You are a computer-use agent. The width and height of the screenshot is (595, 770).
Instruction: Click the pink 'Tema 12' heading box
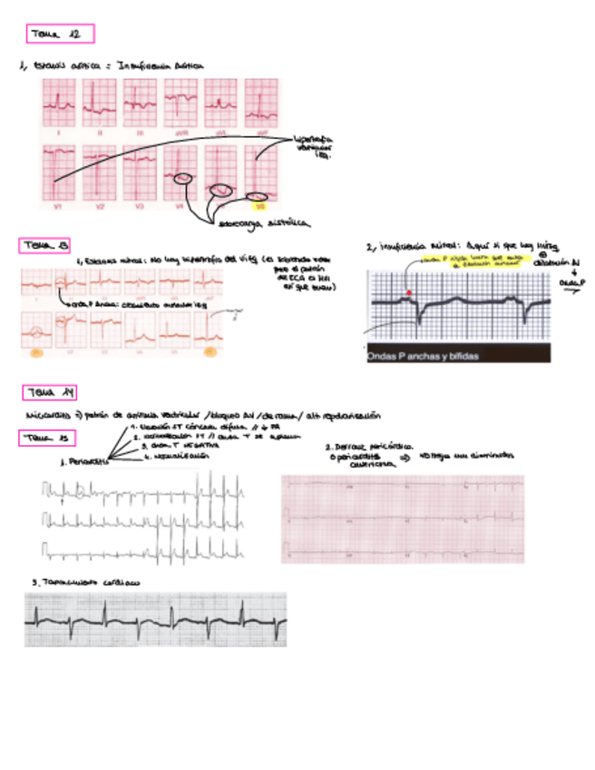click(x=62, y=35)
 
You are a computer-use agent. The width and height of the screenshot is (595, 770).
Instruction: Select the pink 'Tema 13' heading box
click(x=45, y=246)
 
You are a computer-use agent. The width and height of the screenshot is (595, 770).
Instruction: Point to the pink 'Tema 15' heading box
click(x=44, y=439)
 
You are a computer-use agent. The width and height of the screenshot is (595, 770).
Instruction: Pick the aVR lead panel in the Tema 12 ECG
click(x=180, y=104)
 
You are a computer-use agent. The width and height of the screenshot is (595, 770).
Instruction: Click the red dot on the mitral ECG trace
click(x=409, y=292)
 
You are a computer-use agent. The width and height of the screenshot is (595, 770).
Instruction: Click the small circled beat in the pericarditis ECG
click(x=82, y=493)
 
